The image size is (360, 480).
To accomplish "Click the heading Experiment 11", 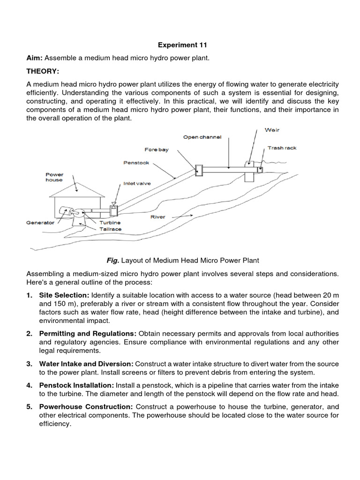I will click(x=182, y=45).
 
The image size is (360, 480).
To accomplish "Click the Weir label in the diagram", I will click(x=272, y=129).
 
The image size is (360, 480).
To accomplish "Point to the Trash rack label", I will click(x=282, y=148).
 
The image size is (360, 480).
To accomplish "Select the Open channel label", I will click(x=202, y=137).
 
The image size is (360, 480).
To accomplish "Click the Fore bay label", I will click(x=157, y=150).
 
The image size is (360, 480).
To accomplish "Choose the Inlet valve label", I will click(x=137, y=184).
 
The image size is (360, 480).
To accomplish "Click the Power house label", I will click(x=54, y=177).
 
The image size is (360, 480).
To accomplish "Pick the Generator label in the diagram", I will click(x=40, y=223).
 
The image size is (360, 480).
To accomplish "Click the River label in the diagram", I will click(x=157, y=217).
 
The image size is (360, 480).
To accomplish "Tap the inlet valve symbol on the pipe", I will click(x=113, y=205).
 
